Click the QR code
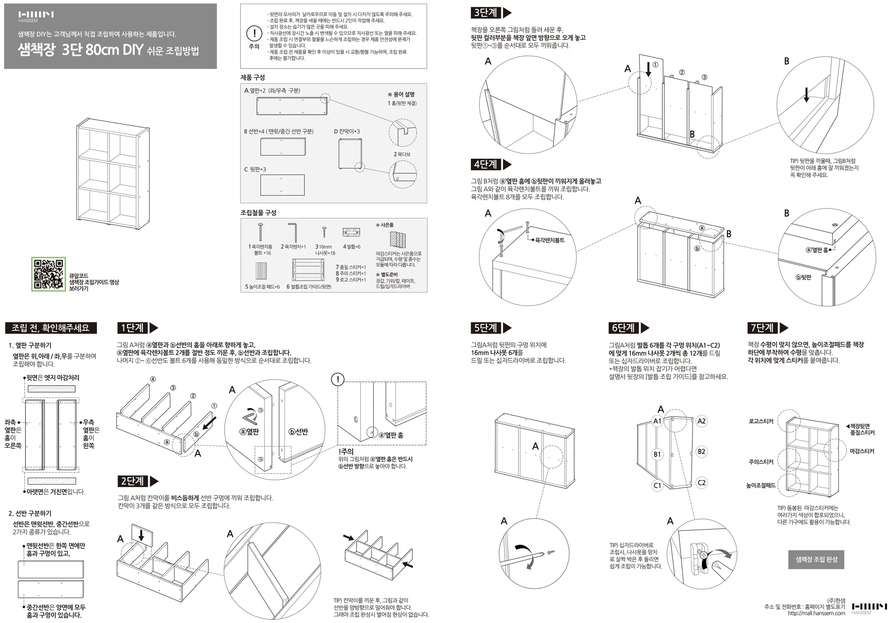[48, 274]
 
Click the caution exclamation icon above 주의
[254, 33]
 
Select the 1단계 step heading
[132, 328]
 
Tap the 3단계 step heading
[485, 13]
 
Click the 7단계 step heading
[762, 328]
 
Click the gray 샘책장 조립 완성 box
[816, 559]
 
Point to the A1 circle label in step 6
[657, 421]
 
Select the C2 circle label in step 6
[701, 483]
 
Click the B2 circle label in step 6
[701, 452]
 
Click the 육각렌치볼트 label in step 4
[550, 240]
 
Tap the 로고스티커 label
[761, 421]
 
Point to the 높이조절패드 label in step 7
[761, 485]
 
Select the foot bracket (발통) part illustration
[351, 232]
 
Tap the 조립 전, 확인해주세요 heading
[51, 328]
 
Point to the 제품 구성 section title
[252, 77]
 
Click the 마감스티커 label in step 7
[862, 451]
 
